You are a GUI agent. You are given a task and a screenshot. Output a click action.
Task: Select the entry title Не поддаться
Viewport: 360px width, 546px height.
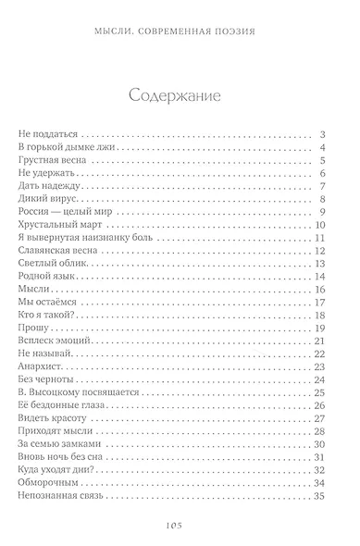tap(50, 135)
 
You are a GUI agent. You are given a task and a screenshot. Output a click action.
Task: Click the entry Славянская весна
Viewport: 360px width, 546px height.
tap(59, 251)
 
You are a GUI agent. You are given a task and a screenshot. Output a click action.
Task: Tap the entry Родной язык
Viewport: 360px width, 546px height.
tap(49, 277)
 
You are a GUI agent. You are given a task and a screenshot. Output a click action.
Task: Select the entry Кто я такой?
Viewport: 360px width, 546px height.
tap(46, 316)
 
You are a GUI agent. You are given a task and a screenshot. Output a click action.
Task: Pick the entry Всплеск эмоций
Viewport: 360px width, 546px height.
tap(56, 341)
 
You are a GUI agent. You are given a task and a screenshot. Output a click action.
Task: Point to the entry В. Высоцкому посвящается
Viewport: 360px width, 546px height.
tap(78, 392)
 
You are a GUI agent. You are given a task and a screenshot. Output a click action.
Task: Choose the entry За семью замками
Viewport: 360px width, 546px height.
tap(58, 444)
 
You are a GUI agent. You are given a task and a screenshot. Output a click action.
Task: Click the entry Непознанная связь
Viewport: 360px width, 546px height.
tap(64, 496)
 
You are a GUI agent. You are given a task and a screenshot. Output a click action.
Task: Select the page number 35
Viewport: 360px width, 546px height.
tap(320, 496)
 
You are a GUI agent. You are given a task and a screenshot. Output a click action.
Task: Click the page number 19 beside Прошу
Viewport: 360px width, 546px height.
tap(320, 329)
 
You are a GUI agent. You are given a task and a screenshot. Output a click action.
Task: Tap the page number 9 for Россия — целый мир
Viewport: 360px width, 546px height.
tap(323, 212)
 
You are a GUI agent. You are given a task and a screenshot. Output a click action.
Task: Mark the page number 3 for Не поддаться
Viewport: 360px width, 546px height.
tap(323, 135)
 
